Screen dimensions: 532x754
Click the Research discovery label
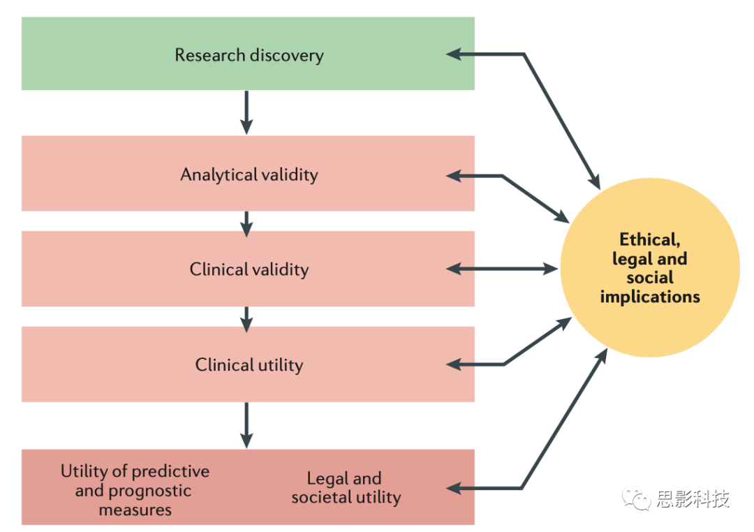tap(249, 55)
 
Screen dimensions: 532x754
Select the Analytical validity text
tap(249, 175)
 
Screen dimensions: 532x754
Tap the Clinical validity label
tap(249, 269)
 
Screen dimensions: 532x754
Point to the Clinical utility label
tap(249, 364)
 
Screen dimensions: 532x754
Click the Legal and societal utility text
tap(346, 488)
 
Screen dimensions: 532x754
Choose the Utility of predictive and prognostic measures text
tap(135, 490)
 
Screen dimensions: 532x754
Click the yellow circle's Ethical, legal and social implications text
tap(650, 268)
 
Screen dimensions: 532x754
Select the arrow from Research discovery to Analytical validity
tap(246, 112)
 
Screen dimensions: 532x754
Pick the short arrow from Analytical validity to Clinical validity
tap(246, 221)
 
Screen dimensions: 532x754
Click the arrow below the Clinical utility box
tap(246, 424)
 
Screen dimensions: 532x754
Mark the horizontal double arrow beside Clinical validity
tap(503, 268)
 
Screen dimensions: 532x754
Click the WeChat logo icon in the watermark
tap(637, 498)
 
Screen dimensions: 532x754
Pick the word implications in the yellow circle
tap(650, 297)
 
